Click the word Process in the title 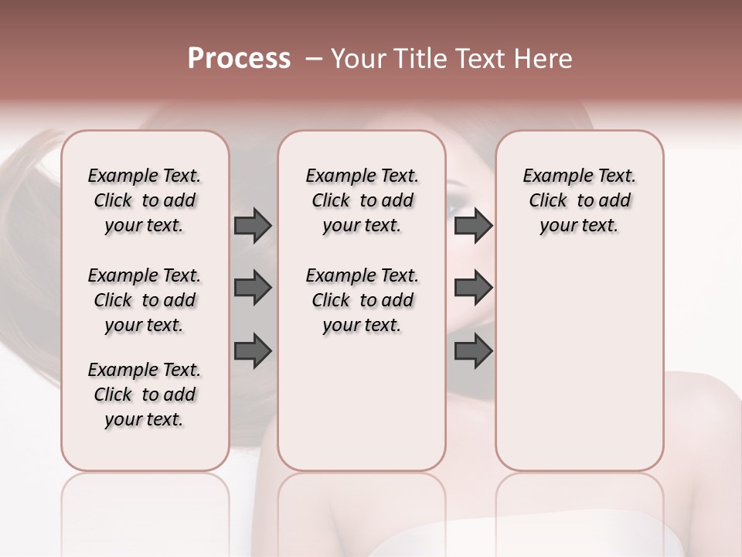click(239, 59)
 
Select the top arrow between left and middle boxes click(253, 226)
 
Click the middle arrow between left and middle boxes click(253, 288)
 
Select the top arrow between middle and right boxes click(473, 226)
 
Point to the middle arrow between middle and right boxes click(473, 288)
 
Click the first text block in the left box click(145, 200)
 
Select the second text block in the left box click(145, 300)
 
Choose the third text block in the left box click(145, 395)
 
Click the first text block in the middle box click(362, 200)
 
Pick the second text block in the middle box click(362, 300)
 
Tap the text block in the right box click(579, 200)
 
